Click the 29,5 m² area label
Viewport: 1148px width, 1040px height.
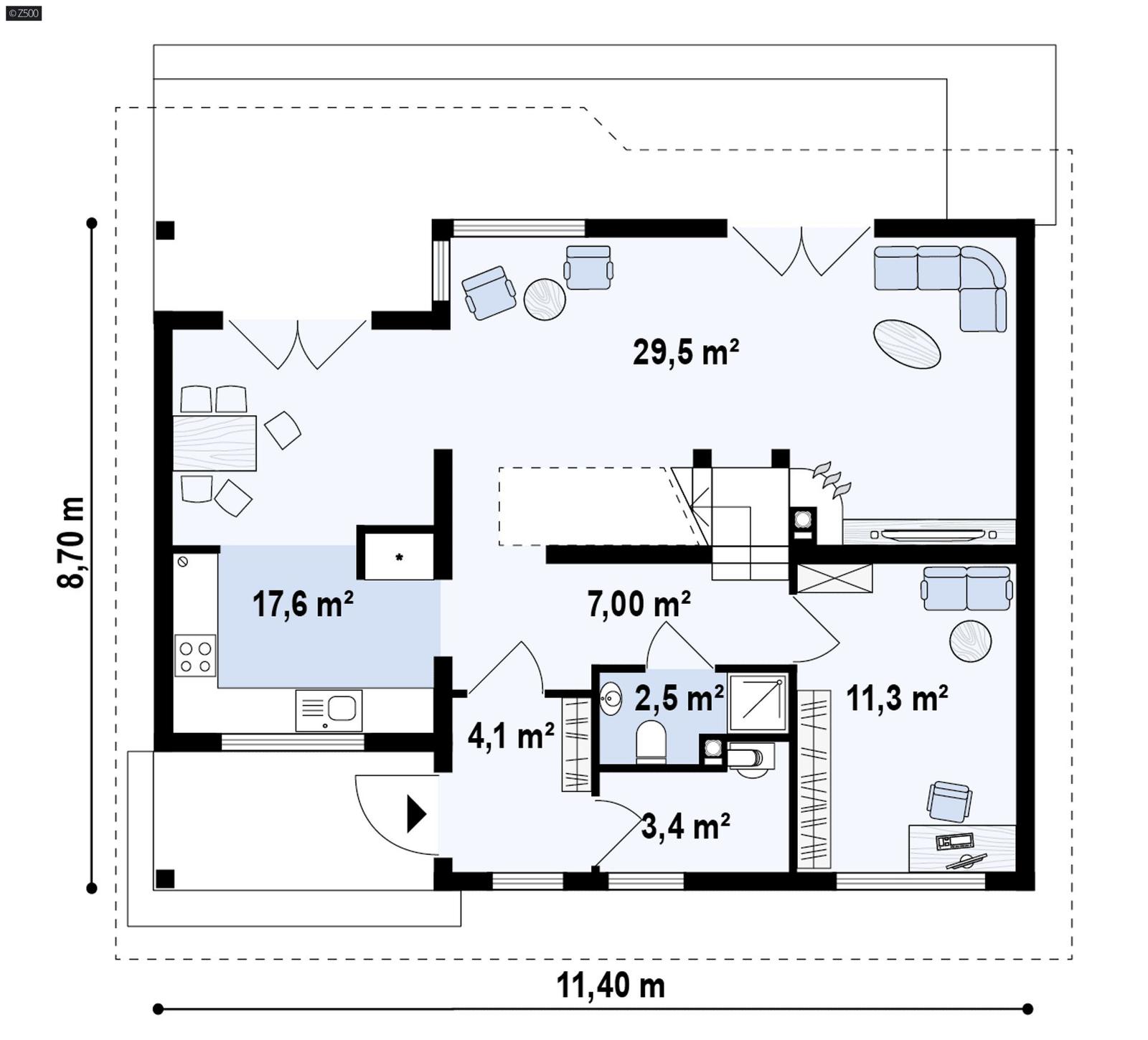[x=685, y=352]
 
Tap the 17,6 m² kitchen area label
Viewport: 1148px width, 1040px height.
[x=302, y=604]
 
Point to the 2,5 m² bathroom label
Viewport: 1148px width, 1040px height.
[x=679, y=698]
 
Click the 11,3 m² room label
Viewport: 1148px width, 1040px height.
[x=897, y=697]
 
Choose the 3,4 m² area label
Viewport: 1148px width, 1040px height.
[x=685, y=826]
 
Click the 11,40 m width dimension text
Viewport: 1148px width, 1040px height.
[x=611, y=985]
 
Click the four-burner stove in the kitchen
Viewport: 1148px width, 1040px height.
[x=195, y=656]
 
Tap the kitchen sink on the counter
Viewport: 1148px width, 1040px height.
[x=329, y=710]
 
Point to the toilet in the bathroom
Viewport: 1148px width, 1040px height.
[x=651, y=742]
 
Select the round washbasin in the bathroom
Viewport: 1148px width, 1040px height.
[x=611, y=698]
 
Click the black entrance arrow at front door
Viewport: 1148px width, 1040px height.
[x=416, y=813]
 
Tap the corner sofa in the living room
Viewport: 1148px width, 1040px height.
[x=947, y=280]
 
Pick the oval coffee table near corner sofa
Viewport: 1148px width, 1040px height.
[x=906, y=344]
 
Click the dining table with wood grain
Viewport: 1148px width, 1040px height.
[x=215, y=443]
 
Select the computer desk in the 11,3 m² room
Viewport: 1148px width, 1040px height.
[x=961, y=848]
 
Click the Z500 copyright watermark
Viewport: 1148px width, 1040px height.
[x=23, y=12]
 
